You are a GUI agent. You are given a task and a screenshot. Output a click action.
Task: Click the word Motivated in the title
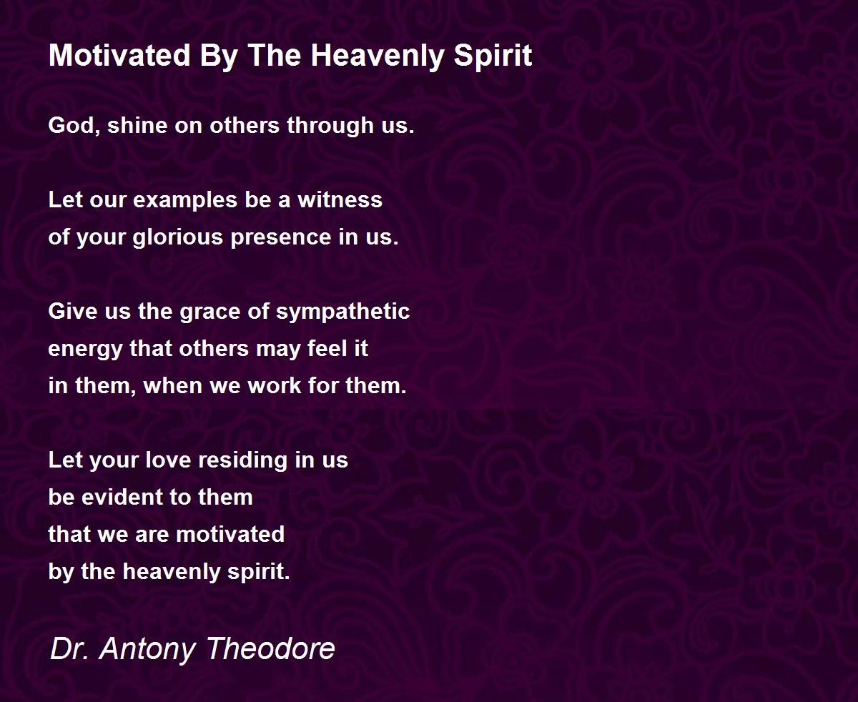(119, 55)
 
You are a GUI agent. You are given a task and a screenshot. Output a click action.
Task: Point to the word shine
(137, 125)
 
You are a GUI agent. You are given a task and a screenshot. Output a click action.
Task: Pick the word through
(330, 126)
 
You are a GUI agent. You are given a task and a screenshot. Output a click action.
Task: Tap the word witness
(340, 199)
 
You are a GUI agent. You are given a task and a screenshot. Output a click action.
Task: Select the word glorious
(178, 237)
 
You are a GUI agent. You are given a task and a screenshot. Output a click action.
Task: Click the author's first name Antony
(148, 649)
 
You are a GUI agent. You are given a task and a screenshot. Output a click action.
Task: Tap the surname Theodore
(271, 648)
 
